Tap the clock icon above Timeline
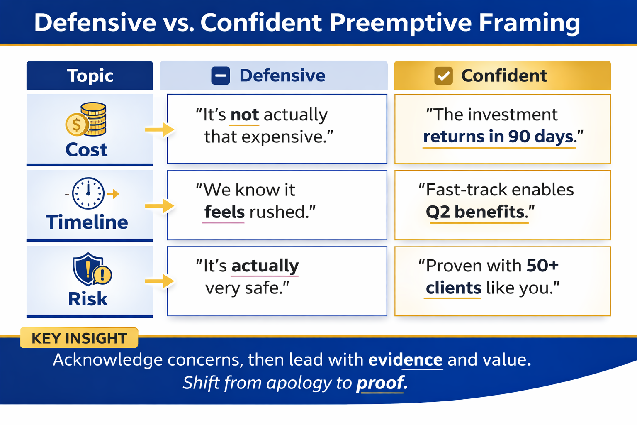coord(88,193)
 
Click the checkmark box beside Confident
coord(443,76)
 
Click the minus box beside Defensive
coord(221,76)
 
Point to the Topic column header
coord(90,76)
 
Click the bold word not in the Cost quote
coord(245,115)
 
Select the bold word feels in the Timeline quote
coord(224,212)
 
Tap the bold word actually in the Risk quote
coord(265,266)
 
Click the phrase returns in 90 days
coord(498,137)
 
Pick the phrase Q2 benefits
coord(475,212)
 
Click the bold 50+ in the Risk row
coord(542,266)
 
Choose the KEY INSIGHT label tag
coord(79,338)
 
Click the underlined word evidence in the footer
coord(405,360)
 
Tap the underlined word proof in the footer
coord(380,383)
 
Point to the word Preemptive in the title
coord(400,22)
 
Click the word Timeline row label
coord(87,222)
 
